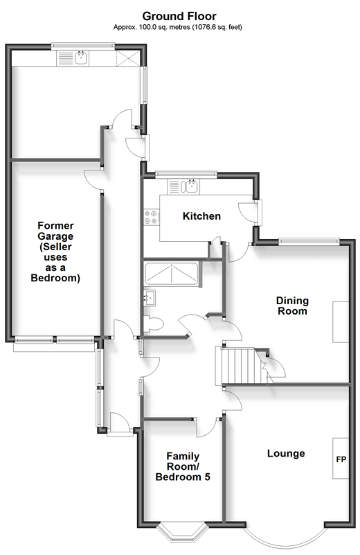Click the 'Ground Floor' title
(x=179, y=16)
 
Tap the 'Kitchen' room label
(x=201, y=216)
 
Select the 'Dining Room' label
(x=292, y=306)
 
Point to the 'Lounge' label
(x=286, y=453)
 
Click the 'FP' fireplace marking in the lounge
(x=341, y=459)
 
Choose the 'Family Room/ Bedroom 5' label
(x=183, y=466)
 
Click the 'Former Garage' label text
(x=55, y=231)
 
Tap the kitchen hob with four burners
(x=151, y=218)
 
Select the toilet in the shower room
(x=153, y=324)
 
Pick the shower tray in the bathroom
(x=172, y=273)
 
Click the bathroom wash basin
(x=150, y=298)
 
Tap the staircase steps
(x=240, y=367)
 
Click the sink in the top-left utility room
(x=81, y=58)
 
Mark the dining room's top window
(x=309, y=242)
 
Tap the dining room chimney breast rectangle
(x=341, y=321)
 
